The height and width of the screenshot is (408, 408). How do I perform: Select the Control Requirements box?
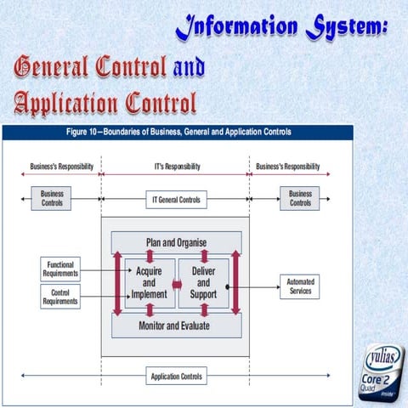coord(60,296)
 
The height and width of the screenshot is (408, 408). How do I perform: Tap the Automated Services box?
coord(300,286)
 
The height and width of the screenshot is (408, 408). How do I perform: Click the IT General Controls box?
coord(176,199)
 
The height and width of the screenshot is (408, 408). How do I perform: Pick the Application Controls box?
coord(176,376)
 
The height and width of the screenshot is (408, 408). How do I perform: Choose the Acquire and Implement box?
coord(148,283)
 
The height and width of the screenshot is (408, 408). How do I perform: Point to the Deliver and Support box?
coord(202,283)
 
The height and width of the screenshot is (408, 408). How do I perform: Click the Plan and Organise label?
coord(176,242)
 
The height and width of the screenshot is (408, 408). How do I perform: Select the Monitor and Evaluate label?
coord(176,325)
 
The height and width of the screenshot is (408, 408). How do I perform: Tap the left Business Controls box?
coord(52,199)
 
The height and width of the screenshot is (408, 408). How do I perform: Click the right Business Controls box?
coord(300,199)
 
